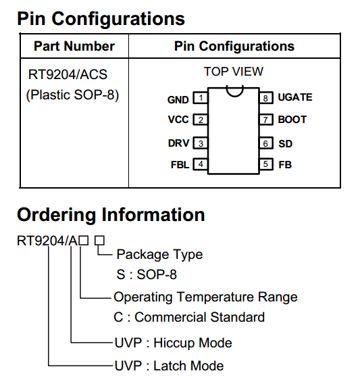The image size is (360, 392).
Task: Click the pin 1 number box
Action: [x=201, y=98]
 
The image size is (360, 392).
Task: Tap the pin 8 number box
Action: [x=266, y=98]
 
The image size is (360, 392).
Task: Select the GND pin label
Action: [x=178, y=100]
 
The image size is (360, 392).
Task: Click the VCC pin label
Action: [x=178, y=120]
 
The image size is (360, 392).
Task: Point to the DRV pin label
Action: [x=178, y=143]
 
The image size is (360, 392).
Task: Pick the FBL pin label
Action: [x=180, y=165]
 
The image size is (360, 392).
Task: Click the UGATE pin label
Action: [x=295, y=97]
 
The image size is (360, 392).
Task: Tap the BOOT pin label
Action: [x=292, y=120]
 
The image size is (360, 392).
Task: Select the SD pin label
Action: [x=285, y=144]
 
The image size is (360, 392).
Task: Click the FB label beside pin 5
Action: [x=285, y=165]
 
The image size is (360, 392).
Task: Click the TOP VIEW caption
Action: [x=234, y=72]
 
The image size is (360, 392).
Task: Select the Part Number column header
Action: [x=74, y=46]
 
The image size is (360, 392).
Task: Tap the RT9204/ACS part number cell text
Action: [x=68, y=74]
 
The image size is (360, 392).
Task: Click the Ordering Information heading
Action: [x=111, y=214]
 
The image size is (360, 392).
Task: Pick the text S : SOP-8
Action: [x=147, y=274]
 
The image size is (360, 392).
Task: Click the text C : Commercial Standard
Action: [x=189, y=317]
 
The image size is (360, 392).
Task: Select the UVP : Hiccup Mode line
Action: [x=174, y=343]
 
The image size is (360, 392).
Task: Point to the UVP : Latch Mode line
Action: [x=169, y=366]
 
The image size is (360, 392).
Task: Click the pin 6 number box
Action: [x=266, y=143]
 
